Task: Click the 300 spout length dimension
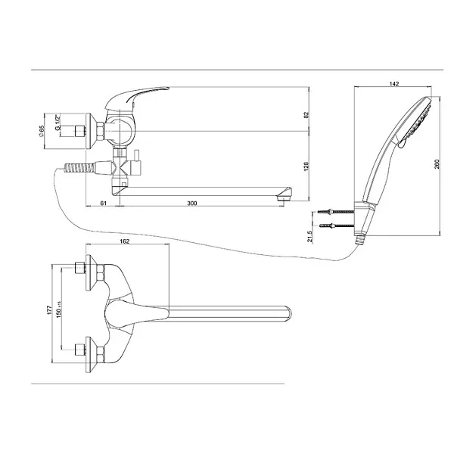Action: point(192,204)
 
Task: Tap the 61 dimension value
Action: point(104,204)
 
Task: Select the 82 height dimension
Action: point(306,114)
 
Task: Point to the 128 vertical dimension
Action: point(306,166)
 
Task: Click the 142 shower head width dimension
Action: point(394,84)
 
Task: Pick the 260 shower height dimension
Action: point(437,164)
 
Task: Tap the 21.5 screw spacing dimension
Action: point(309,237)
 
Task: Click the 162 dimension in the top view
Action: point(125,241)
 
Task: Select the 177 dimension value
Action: point(49,310)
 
